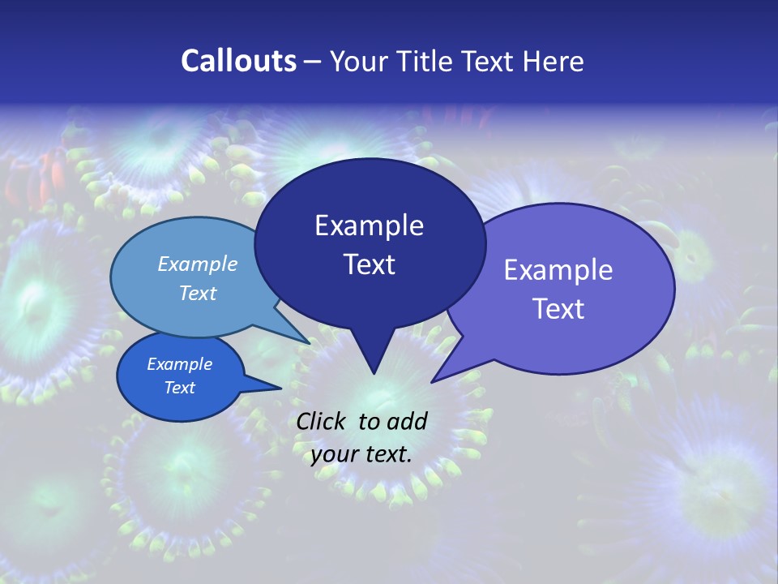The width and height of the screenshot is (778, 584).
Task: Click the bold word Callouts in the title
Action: [238, 61]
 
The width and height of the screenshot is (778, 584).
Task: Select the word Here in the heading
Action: [554, 61]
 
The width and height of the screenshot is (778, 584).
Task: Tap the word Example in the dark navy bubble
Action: [369, 225]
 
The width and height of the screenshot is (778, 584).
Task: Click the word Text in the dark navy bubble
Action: [369, 264]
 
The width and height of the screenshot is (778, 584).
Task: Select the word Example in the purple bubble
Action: [558, 270]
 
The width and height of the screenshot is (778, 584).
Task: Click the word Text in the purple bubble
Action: [558, 309]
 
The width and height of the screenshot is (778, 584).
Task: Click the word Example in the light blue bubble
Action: [198, 264]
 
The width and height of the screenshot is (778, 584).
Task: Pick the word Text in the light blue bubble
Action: [198, 294]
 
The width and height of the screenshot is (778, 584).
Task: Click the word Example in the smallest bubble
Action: [179, 364]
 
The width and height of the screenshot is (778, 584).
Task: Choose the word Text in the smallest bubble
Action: [179, 388]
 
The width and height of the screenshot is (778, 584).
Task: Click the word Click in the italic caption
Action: [322, 421]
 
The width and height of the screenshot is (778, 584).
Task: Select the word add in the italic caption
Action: [407, 421]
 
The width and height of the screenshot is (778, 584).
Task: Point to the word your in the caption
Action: [334, 454]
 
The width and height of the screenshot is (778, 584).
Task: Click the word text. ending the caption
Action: [387, 454]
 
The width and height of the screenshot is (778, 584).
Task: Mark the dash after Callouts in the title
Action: [313, 62]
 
